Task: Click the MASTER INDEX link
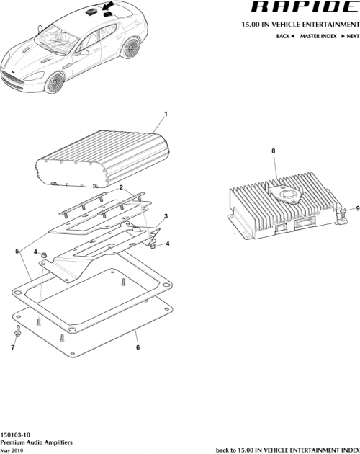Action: click(x=318, y=35)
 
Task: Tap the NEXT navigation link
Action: click(x=349, y=35)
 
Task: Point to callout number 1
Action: click(x=166, y=115)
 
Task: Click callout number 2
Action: click(x=122, y=187)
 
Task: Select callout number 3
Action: click(x=166, y=215)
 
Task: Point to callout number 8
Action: click(x=273, y=151)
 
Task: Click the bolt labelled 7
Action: click(x=15, y=332)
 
